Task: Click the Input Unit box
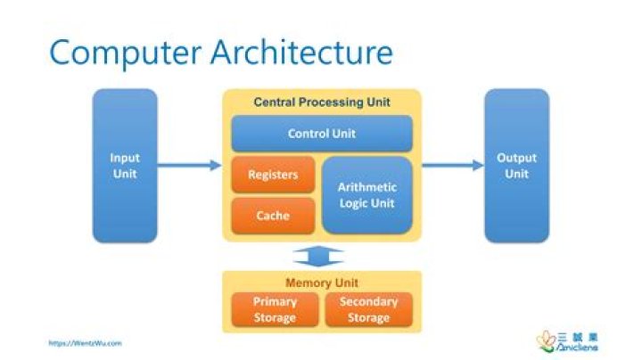pos(125,166)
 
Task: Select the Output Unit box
pos(516,166)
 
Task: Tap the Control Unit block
pos(322,134)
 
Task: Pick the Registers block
pos(273,175)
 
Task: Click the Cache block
pos(273,216)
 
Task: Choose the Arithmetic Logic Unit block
pos(367,195)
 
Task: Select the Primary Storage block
pos(274,309)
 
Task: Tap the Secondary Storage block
pos(368,309)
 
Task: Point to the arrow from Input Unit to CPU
pos(189,165)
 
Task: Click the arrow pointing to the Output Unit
pos(452,165)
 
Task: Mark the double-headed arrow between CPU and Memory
pos(322,257)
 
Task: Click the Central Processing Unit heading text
pos(322,102)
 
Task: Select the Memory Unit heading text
pos(322,282)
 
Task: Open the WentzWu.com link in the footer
pos(85,342)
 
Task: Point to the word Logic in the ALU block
pos(345,203)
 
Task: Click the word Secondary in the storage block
pos(368,302)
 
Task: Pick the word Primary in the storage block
pos(274,302)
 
